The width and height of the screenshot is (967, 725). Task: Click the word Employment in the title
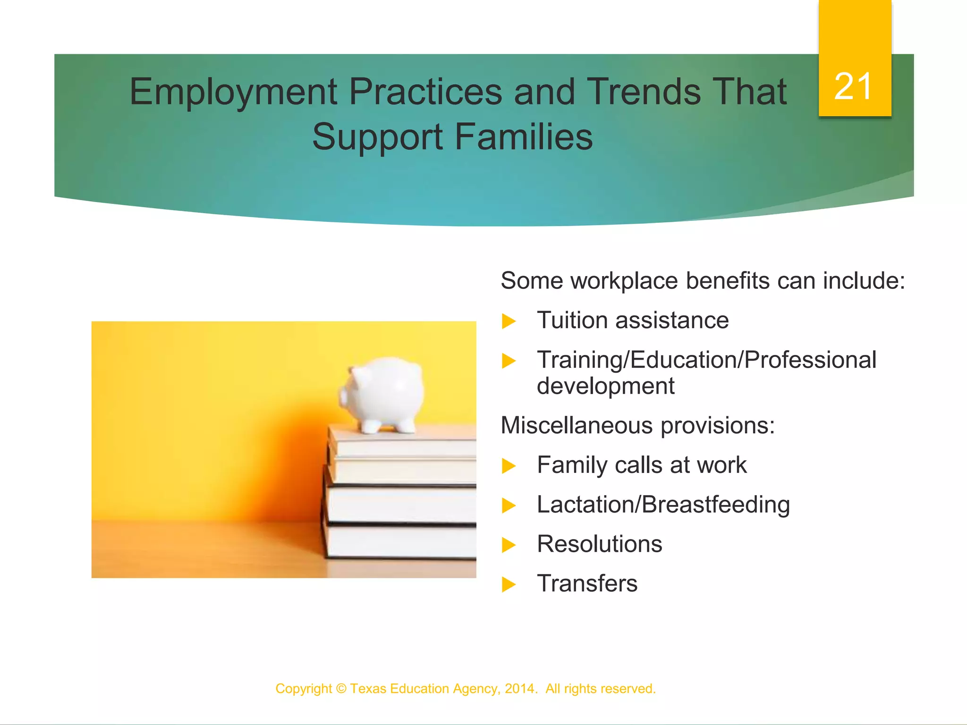[233, 92]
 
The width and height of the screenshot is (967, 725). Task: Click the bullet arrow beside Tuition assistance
[509, 321]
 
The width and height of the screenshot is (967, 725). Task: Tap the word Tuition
[579, 320]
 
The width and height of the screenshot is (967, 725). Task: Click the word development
[605, 386]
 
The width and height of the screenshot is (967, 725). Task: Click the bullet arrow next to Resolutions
[509, 545]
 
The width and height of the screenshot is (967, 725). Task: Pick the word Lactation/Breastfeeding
[663, 505]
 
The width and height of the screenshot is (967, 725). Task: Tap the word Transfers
[587, 583]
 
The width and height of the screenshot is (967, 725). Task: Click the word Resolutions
[599, 544]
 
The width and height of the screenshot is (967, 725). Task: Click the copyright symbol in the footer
[341, 689]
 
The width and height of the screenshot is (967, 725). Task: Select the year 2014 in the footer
[519, 689]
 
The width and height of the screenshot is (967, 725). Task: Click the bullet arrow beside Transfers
[509, 585]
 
